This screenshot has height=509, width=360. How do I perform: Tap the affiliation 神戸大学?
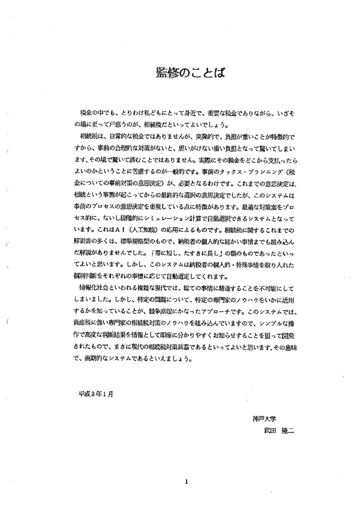264,419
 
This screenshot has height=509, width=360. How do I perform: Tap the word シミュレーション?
183,219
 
